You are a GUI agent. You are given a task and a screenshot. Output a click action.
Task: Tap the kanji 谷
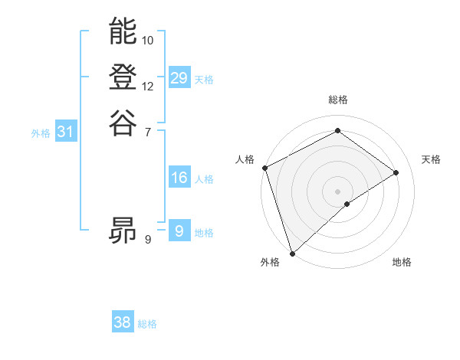tap(123, 122)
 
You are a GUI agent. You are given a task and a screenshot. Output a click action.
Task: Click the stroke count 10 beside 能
tap(148, 40)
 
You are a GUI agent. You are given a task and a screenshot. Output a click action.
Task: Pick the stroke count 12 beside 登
tap(148, 86)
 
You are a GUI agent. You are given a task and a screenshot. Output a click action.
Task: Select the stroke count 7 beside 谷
tap(148, 132)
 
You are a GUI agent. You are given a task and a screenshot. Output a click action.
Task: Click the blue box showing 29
tap(179, 78)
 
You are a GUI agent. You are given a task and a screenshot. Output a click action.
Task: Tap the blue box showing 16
tap(179, 178)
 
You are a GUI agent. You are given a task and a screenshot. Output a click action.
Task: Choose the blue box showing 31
tap(66, 132)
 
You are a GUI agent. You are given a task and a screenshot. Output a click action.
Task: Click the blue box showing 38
tap(123, 322)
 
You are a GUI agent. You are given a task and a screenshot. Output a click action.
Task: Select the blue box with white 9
tap(179, 231)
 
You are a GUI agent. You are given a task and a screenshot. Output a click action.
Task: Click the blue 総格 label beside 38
tap(147, 324)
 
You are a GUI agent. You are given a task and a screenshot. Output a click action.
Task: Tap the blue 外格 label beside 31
tap(41, 133)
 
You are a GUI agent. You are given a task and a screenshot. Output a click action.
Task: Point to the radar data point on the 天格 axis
tap(396, 172)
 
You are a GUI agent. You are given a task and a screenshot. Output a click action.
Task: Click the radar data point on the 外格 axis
tap(292, 254)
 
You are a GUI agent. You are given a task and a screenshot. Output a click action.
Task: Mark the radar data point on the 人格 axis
tap(264, 168)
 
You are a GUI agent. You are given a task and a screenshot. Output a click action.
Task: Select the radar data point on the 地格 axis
tap(347, 204)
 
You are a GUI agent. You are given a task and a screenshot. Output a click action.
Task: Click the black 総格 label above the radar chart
tap(338, 100)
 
